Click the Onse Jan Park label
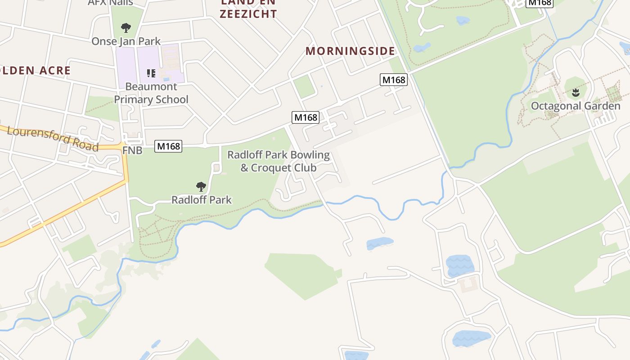[126, 41]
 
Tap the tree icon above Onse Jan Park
[126, 28]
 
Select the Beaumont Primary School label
[151, 93]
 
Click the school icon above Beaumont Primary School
[151, 73]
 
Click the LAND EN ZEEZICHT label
[248, 9]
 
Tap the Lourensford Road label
[53, 139]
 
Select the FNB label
[132, 150]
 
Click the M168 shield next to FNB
[168, 146]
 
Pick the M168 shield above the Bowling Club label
[306, 118]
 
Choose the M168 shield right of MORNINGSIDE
[394, 80]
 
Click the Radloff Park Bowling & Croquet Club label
[279, 161]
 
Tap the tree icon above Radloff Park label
[201, 186]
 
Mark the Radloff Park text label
[201, 200]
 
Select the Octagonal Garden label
[576, 106]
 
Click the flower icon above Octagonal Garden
[575, 93]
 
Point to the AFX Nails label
[110, 3]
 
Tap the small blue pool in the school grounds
[166, 80]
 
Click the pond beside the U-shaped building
[459, 265]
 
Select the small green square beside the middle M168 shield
[304, 86]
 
